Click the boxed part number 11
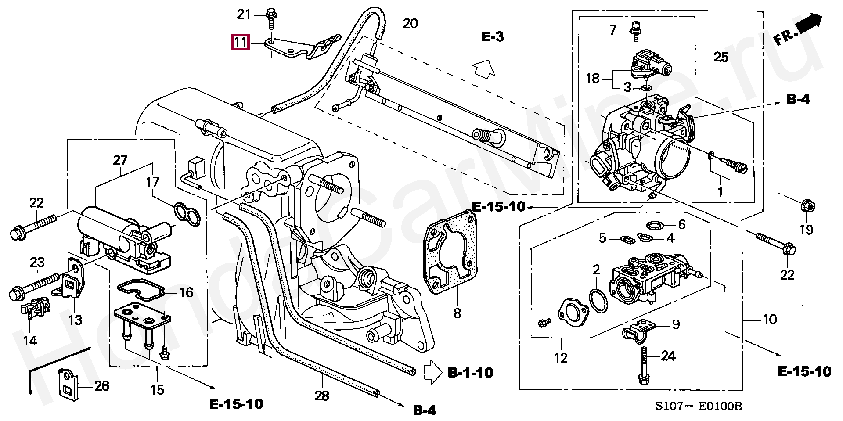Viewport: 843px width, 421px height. (x=240, y=42)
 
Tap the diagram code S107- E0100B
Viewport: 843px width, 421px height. (x=699, y=406)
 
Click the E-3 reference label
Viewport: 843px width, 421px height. (x=493, y=37)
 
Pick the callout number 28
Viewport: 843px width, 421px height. (x=322, y=396)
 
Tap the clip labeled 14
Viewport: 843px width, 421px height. (x=35, y=306)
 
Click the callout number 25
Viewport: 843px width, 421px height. (x=721, y=57)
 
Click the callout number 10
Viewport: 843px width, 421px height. (x=770, y=319)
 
